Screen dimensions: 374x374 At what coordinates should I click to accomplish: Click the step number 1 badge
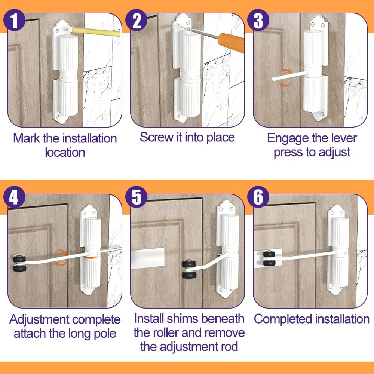tap(14, 20)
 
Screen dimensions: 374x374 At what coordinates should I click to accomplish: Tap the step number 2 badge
tap(137, 20)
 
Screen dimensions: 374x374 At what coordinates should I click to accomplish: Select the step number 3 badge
tap(258, 20)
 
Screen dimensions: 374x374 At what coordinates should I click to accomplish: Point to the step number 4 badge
tap(14, 197)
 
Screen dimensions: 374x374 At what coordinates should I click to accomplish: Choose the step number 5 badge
tap(137, 197)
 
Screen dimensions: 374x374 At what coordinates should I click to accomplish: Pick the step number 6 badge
tap(258, 197)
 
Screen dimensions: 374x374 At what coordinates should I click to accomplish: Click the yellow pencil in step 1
tap(95, 32)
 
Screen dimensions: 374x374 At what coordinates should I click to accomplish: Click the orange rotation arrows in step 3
tap(285, 78)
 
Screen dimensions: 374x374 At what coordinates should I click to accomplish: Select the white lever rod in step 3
tap(290, 76)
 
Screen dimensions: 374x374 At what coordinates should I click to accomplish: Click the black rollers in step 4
tap(19, 263)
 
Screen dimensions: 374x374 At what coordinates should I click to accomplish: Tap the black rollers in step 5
tap(188, 269)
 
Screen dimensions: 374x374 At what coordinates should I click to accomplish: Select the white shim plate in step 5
tap(148, 258)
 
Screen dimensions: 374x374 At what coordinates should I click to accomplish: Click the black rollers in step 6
tap(269, 258)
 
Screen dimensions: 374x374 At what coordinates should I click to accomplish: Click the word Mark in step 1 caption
tap(27, 138)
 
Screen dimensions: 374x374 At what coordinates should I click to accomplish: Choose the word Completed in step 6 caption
tap(282, 319)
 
